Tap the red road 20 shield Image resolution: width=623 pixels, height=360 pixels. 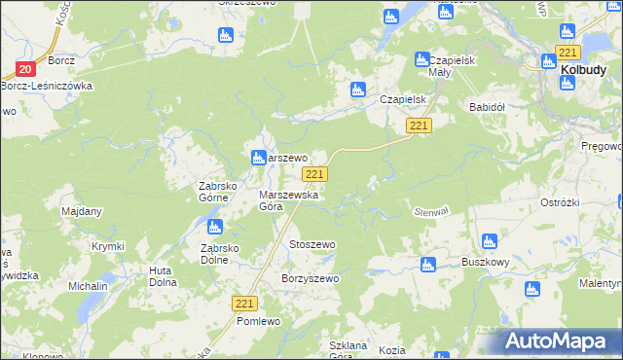click(x=26, y=69)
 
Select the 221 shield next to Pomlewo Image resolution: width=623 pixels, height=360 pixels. click(x=245, y=305)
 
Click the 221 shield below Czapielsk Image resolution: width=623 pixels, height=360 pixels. click(x=420, y=126)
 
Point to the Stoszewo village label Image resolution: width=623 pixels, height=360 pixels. click(x=311, y=244)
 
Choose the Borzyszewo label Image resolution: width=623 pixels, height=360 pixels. click(x=310, y=279)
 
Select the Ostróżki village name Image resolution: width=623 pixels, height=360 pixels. click(x=561, y=201)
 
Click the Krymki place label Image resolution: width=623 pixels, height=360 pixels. click(x=108, y=247)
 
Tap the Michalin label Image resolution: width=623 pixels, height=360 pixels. click(x=88, y=287)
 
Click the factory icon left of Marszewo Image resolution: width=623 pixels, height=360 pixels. click(x=258, y=157)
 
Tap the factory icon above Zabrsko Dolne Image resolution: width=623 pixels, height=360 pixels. click(x=214, y=228)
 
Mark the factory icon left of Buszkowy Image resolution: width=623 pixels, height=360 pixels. click(x=426, y=265)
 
